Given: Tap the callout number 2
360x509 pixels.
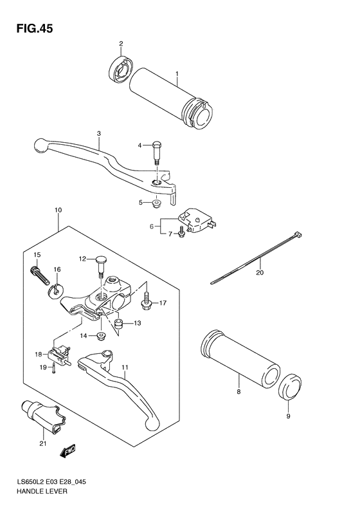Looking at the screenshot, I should (120, 44).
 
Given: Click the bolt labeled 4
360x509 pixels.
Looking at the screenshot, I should (157, 152).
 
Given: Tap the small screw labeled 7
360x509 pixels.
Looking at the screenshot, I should (182, 233).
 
